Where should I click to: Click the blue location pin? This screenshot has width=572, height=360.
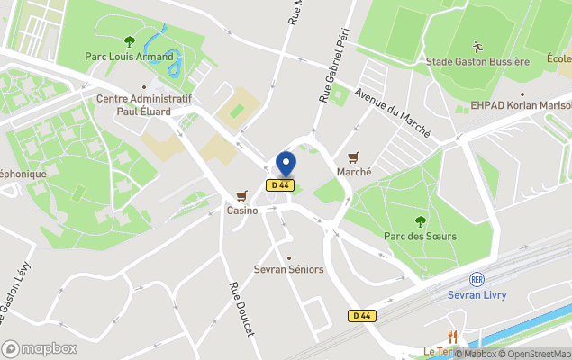pos(286,164)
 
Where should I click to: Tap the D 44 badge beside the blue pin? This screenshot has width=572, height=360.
pos(280,185)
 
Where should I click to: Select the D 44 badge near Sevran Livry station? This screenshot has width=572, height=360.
pos(361,315)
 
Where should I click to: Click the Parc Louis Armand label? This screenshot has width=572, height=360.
pos(129,56)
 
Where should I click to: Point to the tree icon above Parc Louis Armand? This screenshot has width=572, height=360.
pos(129,40)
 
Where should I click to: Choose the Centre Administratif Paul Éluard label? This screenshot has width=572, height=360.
pos(143,104)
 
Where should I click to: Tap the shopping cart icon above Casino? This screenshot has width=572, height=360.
pos(241,195)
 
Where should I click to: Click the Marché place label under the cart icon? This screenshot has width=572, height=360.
pos(354,172)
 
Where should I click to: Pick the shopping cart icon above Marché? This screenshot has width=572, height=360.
pos(354,157)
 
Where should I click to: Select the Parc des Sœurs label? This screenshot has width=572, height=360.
pos(420,236)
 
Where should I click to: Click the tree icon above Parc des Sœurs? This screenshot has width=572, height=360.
pos(420,220)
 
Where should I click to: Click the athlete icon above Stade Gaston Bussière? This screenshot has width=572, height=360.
pos(476,45)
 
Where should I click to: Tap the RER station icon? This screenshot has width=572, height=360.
pos(477,280)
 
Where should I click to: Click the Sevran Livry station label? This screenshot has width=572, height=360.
pos(477,295)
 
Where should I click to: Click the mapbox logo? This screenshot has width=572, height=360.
pos(40,348)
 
